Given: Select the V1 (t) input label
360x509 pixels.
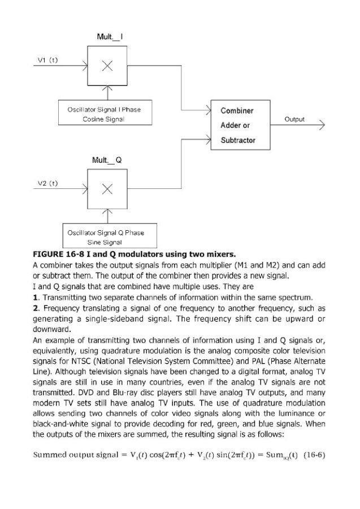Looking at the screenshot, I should (x=47, y=61).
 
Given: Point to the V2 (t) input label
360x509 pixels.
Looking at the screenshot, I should (x=47, y=183).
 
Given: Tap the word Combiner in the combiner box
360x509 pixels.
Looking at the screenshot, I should (x=237, y=110).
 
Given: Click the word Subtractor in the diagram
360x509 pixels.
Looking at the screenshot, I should (x=238, y=140).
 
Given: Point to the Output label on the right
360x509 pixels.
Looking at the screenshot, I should (x=294, y=119).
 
